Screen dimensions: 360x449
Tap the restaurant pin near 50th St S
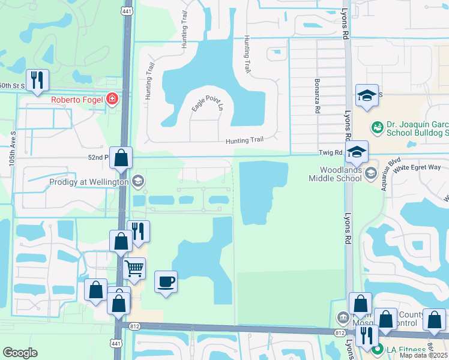click(37, 79)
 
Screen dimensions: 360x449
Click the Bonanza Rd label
click(316, 95)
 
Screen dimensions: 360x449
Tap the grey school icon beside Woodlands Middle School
click(370, 173)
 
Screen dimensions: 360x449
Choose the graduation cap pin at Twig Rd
click(357, 152)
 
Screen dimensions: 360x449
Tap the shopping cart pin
click(134, 268)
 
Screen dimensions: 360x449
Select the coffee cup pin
click(166, 281)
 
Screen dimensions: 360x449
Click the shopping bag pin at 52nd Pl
click(121, 158)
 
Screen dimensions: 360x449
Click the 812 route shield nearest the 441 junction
click(135, 326)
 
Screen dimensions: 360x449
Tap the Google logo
click(20, 353)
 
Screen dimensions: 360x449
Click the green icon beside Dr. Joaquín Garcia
click(377, 127)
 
